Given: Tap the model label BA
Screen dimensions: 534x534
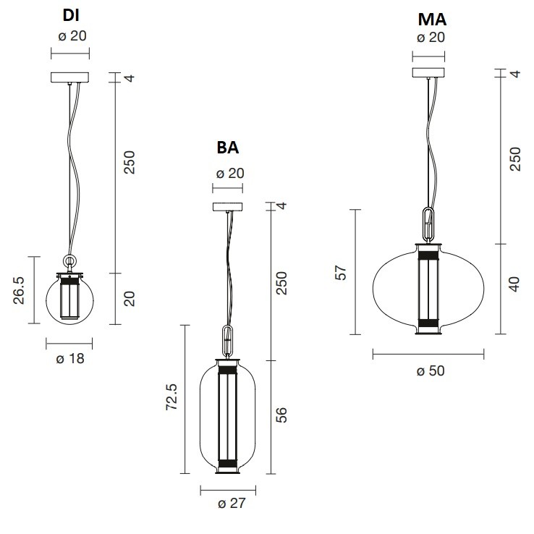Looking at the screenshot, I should (229, 148).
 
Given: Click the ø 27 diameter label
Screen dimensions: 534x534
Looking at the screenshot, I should (228, 504).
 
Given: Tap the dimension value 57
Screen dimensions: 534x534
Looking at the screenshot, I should (342, 272).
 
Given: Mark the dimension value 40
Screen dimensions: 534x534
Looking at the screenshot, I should (514, 283).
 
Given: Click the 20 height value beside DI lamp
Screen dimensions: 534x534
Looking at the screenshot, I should (130, 298).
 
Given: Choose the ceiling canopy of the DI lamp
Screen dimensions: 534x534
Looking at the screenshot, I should (69, 77).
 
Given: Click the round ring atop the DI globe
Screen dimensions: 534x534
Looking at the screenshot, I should (70, 262).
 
